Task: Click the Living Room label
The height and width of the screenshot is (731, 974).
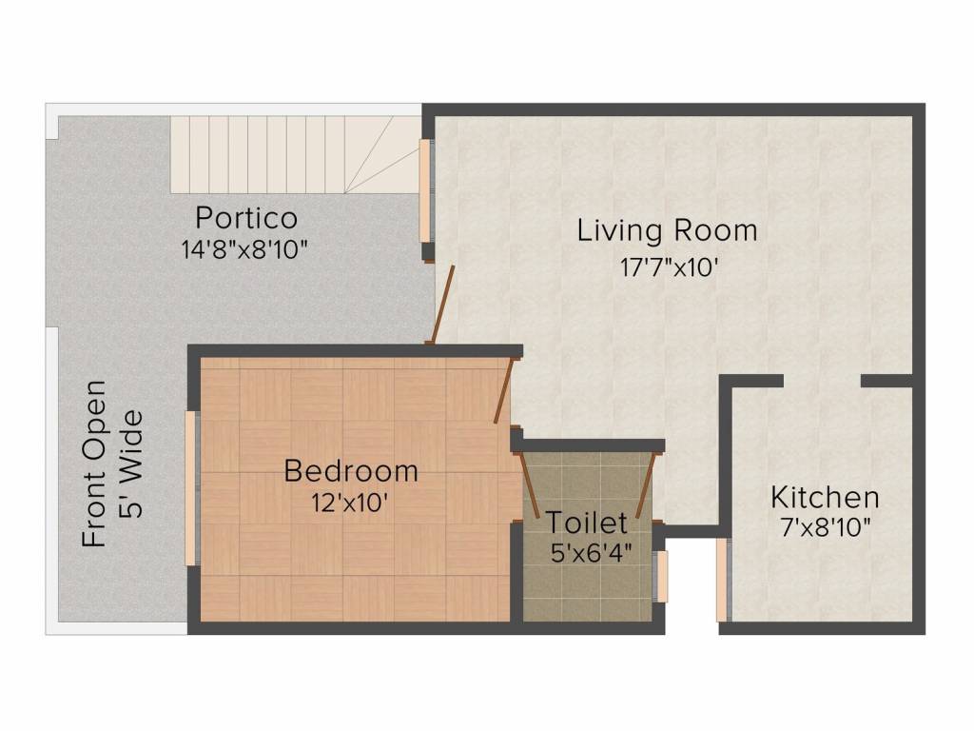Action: [667, 230]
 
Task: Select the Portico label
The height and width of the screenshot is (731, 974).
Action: [246, 217]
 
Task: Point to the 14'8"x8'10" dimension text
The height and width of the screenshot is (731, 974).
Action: [245, 250]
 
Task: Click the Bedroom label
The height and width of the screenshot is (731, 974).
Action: [351, 470]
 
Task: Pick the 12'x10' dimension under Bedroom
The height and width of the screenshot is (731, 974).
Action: [350, 503]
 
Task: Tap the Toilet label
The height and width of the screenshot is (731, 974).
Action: [586, 523]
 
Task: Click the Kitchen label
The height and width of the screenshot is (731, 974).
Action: [825, 497]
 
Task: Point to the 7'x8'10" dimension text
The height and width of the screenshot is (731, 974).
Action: [826, 528]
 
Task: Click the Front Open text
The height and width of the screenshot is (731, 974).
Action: [93, 464]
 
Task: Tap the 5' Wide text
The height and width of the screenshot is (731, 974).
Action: [131, 464]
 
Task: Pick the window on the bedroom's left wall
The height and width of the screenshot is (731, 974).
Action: [190, 488]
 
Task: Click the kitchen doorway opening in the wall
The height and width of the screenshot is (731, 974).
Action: [822, 381]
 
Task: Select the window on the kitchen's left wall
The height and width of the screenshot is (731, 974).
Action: [722, 580]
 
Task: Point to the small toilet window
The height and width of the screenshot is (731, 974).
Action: [662, 577]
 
